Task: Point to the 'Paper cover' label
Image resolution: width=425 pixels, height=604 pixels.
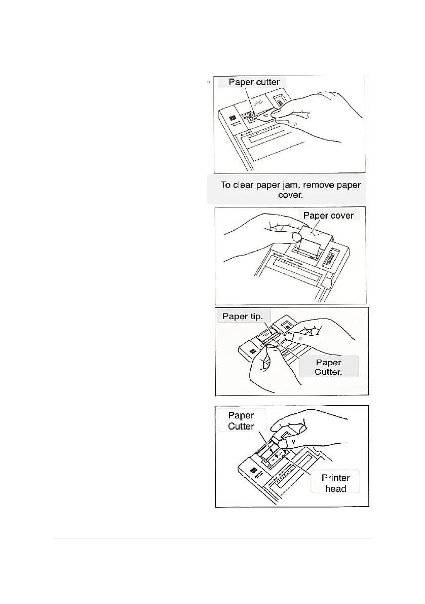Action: tap(328, 216)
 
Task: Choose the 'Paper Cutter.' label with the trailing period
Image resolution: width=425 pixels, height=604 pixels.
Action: tap(329, 367)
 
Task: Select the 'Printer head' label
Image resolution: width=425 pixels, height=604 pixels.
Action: tap(335, 483)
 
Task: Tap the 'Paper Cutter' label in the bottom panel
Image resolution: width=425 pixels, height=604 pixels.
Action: tap(241, 420)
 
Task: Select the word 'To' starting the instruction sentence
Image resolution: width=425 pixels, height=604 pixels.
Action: tap(226, 185)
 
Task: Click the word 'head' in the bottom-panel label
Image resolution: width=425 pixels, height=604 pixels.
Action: tap(335, 488)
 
